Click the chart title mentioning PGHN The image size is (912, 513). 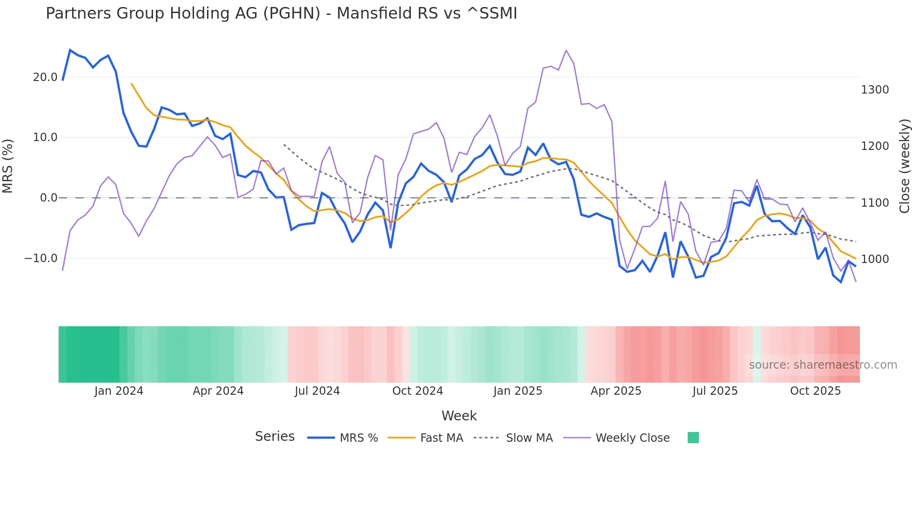[281, 13]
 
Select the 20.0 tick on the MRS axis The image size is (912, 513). [45, 77]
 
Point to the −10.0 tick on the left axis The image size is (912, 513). [41, 258]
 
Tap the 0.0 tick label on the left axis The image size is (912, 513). [48, 198]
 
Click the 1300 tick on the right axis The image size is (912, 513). [875, 90]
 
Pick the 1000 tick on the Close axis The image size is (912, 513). [875, 259]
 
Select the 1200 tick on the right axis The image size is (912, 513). [875, 146]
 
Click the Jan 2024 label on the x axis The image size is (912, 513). [119, 391]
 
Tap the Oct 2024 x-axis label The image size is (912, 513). [417, 391]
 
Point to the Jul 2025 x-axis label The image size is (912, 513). [715, 391]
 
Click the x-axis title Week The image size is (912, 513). [459, 416]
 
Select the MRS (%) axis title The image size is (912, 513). [8, 166]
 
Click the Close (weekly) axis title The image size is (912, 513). [904, 166]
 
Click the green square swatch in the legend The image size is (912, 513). [693, 438]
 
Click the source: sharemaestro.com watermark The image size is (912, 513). [823, 365]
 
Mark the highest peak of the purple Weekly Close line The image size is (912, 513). [566, 50]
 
